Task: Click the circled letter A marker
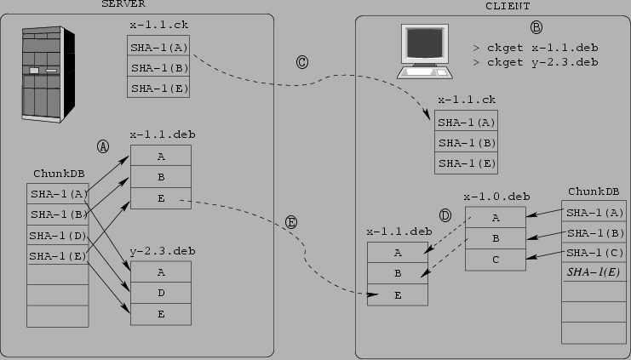[x=103, y=146]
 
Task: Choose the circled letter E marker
[x=290, y=222]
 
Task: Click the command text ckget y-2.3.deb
[x=536, y=62]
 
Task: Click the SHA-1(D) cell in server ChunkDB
[x=58, y=235]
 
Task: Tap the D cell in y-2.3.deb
[x=160, y=293]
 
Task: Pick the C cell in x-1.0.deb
[x=496, y=259]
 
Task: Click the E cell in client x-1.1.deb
[x=397, y=294]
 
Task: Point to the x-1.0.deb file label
[x=496, y=197]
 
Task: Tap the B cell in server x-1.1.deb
[x=160, y=178]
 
